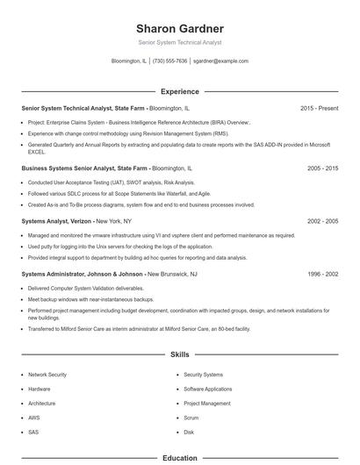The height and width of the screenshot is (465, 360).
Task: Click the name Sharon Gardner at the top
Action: coord(179,28)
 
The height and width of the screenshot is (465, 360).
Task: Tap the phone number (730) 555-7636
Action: coord(169,61)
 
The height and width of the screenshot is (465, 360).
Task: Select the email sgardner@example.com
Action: coord(220,61)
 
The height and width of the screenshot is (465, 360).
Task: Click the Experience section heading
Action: coord(179,91)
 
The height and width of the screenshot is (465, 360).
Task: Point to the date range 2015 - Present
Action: coord(319,108)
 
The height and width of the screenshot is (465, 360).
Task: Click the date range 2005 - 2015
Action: coord(322,167)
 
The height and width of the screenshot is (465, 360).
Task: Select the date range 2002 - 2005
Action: coord(322,222)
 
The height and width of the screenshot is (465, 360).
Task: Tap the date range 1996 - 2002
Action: coord(322,274)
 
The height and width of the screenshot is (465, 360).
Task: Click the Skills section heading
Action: coord(179,354)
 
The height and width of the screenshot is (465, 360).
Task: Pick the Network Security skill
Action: coord(48,375)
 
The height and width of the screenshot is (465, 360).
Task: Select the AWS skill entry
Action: coord(34,418)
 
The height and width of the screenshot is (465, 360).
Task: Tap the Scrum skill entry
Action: coord(191,418)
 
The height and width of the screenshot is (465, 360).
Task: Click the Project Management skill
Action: coord(207,404)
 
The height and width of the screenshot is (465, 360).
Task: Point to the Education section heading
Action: coord(179,458)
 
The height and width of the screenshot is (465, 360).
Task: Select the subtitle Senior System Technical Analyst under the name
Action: coord(179,42)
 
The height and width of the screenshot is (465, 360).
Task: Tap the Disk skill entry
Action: coord(189,433)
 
